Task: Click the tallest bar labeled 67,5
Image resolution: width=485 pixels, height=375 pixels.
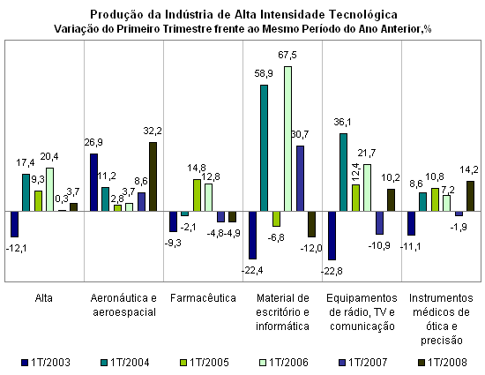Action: [x=288, y=139]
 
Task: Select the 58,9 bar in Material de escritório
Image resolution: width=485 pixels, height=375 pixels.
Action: [x=264, y=148]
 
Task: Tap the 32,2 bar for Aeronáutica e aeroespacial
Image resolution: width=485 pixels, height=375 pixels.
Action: [x=153, y=177]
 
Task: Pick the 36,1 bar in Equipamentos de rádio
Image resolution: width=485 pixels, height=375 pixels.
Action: [x=343, y=173]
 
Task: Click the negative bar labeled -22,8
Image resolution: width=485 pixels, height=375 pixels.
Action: [x=332, y=236]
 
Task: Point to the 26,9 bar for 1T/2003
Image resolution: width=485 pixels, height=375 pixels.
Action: [x=93, y=183]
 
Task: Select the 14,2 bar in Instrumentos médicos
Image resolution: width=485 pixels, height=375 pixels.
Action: [x=471, y=197]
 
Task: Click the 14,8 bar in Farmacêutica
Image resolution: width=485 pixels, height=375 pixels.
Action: [x=197, y=196]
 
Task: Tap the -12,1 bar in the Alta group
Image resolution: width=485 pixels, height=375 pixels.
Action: [x=14, y=224]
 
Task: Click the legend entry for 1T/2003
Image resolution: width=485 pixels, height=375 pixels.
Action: [x=46, y=363]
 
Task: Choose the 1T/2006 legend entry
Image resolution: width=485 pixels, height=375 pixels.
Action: [x=284, y=363]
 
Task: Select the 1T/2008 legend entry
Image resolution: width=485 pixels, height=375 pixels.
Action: [x=443, y=363]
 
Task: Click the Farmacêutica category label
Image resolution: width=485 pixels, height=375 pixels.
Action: [x=203, y=298]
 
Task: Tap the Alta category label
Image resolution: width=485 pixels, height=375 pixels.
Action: [x=43, y=298]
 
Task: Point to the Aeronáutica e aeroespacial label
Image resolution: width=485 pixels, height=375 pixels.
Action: [x=123, y=305]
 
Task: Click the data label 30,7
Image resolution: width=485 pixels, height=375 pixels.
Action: [x=300, y=135]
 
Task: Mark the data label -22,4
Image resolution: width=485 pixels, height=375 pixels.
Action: [x=252, y=270]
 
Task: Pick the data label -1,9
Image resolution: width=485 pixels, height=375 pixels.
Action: [x=459, y=227]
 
